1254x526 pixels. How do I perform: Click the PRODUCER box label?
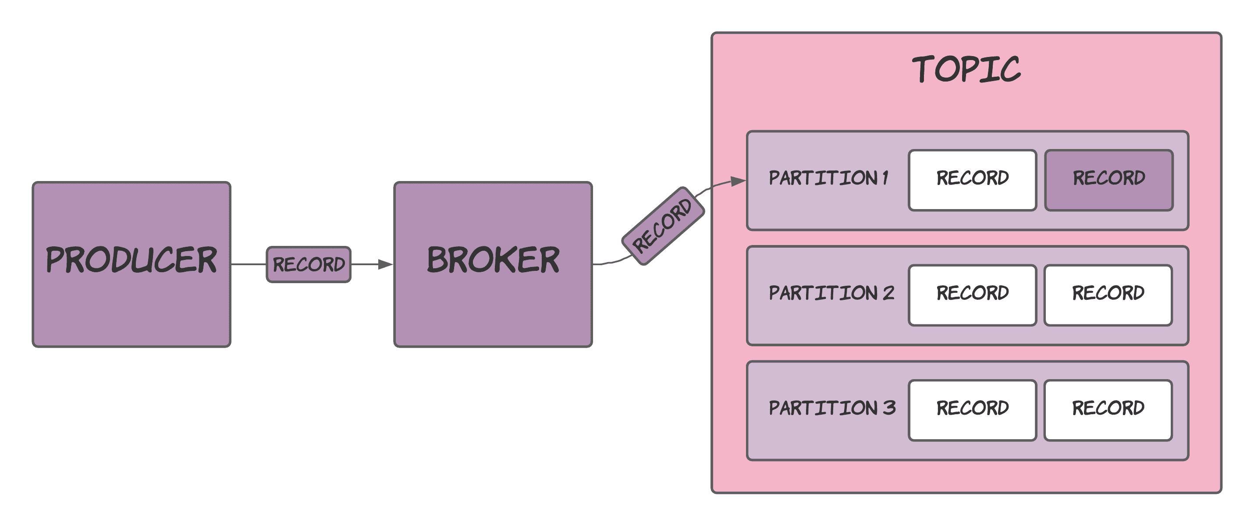[131, 259]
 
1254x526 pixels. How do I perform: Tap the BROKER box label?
[493, 259]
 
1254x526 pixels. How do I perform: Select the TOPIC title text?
[966, 69]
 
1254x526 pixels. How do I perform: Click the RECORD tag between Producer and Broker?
[309, 264]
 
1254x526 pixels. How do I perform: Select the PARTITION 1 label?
[828, 178]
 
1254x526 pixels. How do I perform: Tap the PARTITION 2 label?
[831, 293]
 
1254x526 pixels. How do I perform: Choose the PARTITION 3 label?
[831, 408]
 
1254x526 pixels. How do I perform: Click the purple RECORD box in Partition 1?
[1109, 180]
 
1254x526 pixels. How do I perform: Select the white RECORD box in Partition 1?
[972, 180]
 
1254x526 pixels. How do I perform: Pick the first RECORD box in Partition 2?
[972, 295]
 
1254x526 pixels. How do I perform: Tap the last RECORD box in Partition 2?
[1108, 295]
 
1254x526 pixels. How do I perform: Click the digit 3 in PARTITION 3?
[889, 408]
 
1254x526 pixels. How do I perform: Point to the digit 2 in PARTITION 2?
[888, 293]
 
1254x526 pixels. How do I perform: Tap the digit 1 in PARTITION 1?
[885, 178]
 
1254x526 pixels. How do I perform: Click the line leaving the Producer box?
[248, 264]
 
